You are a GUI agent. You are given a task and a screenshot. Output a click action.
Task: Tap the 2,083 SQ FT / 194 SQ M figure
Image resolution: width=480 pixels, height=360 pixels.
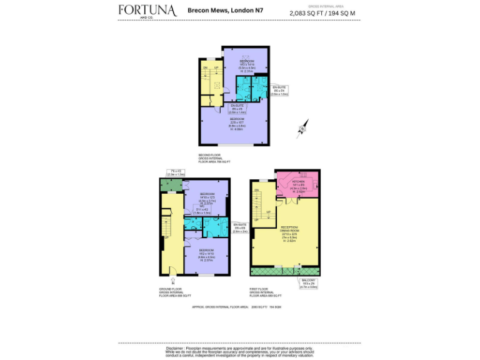[x=322, y=13]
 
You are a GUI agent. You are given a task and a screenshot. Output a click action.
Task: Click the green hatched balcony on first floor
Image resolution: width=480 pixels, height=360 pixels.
[x=284, y=272]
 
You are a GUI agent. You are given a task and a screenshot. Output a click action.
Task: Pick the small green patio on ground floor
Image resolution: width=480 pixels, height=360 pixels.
[x=169, y=186]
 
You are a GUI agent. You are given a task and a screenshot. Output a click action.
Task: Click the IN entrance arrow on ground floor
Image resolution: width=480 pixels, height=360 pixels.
[x=173, y=281]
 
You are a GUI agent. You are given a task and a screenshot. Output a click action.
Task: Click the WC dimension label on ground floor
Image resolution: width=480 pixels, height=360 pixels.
[x=202, y=211]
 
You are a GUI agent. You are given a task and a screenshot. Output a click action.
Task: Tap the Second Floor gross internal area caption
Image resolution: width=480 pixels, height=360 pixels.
[x=214, y=158]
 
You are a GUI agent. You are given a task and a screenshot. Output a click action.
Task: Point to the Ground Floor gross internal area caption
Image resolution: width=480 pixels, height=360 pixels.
[x=175, y=292]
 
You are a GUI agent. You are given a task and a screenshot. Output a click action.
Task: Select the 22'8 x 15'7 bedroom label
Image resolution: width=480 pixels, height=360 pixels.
[x=236, y=123]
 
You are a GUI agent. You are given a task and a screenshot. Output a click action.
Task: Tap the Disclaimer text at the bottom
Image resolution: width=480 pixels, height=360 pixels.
[x=239, y=347]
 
